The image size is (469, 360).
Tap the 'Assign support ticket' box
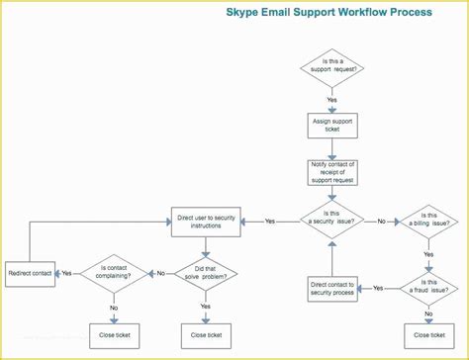click(x=332, y=124)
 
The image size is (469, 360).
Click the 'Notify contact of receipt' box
click(x=332, y=172)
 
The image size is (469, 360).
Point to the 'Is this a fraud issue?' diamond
click(x=428, y=288)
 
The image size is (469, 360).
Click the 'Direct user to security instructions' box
click(x=206, y=222)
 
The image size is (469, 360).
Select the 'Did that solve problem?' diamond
click(x=206, y=272)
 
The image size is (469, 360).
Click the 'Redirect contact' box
click(x=31, y=272)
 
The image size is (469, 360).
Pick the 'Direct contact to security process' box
click(x=332, y=288)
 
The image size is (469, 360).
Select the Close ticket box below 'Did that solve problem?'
click(x=206, y=334)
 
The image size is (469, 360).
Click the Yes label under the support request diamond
click(x=332, y=100)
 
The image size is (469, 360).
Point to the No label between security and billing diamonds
click(x=381, y=222)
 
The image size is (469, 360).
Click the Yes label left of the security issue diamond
click(x=269, y=222)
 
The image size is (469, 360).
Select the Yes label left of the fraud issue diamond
click(x=379, y=288)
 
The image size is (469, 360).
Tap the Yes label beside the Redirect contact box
click(x=66, y=272)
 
